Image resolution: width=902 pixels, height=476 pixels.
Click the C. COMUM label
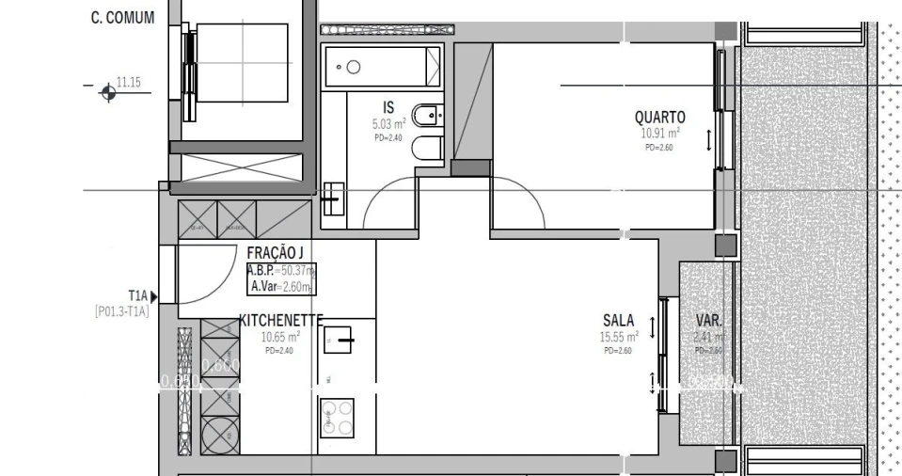122,18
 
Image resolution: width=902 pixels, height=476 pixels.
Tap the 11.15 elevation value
129,83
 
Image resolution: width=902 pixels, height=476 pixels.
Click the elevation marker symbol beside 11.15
108,91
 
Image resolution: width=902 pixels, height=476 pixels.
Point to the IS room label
388,107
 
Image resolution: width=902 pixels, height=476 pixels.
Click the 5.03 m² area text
388,123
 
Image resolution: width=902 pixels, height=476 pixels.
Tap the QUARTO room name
659,118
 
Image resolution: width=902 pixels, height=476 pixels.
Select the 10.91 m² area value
659,134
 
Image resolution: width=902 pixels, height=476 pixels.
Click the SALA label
618,320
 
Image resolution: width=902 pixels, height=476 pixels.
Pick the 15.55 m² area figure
619,336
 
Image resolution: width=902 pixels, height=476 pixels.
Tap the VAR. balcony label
708,320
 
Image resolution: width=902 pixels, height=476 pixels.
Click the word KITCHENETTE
281,320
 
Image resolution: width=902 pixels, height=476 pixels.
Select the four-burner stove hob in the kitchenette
337,417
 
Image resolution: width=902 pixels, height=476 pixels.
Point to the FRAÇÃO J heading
275,253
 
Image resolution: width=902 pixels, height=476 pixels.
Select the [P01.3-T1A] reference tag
121,311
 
